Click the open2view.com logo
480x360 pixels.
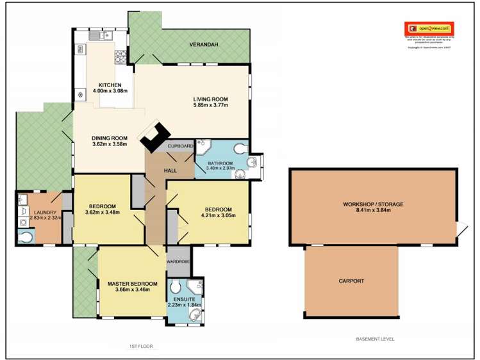pos(429,29)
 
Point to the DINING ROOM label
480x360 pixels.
pos(110,137)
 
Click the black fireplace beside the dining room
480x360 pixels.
pos(154,136)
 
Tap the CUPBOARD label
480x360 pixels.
pos(180,146)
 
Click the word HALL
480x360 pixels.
pos(170,170)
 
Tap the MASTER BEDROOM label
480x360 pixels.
pos(133,284)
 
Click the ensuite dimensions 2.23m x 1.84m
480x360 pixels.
pos(184,304)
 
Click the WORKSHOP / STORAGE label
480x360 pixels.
pos(372,204)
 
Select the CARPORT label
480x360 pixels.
pos(351,281)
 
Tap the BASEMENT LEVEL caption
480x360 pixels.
pos(375,339)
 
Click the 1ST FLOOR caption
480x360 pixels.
pos(141,346)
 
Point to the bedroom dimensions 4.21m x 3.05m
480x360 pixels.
pos(220,216)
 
